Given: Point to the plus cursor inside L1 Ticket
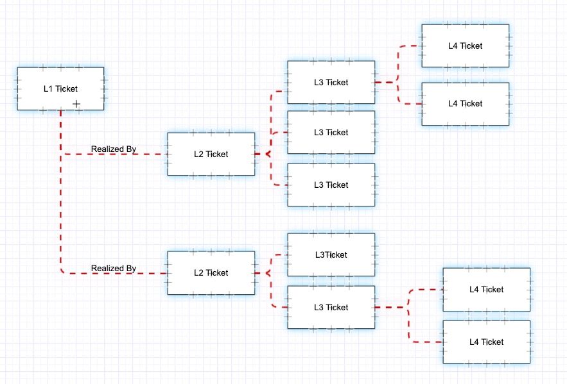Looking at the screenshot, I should point(76,103).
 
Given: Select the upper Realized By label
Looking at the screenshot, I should point(114,149).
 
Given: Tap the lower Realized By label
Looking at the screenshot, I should point(114,269).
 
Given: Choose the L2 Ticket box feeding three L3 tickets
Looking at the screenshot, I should point(211,154).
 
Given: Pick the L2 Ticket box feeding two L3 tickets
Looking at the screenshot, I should point(211,273).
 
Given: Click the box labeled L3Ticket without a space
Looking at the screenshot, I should point(331,255).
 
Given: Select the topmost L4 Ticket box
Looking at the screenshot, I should point(465,46).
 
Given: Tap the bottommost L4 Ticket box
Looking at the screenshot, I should point(486,342).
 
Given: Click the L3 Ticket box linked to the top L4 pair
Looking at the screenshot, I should point(331,82).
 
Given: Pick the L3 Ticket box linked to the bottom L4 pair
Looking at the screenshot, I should point(331,307).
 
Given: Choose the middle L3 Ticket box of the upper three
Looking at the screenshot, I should point(331,132).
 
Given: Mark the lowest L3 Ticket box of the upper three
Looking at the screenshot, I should point(331,185).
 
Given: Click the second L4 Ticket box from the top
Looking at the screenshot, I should point(465,103).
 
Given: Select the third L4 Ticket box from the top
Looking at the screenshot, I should point(486,289).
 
